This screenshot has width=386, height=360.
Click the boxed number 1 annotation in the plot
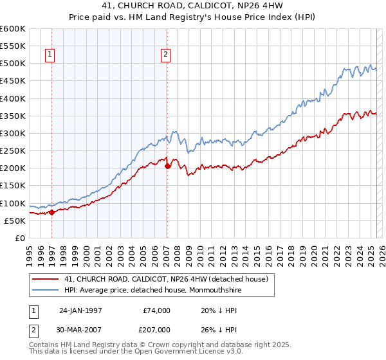[50, 55]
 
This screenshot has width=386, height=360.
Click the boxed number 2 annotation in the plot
[165, 55]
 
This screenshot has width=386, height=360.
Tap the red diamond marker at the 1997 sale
[51, 212]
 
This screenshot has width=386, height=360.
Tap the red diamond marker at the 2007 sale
[167, 166]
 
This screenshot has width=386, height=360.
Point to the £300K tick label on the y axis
[12, 134]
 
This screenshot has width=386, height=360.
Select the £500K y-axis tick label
[12, 64]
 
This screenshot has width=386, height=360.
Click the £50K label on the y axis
[15, 221]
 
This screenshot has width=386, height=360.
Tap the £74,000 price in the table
[157, 310]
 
